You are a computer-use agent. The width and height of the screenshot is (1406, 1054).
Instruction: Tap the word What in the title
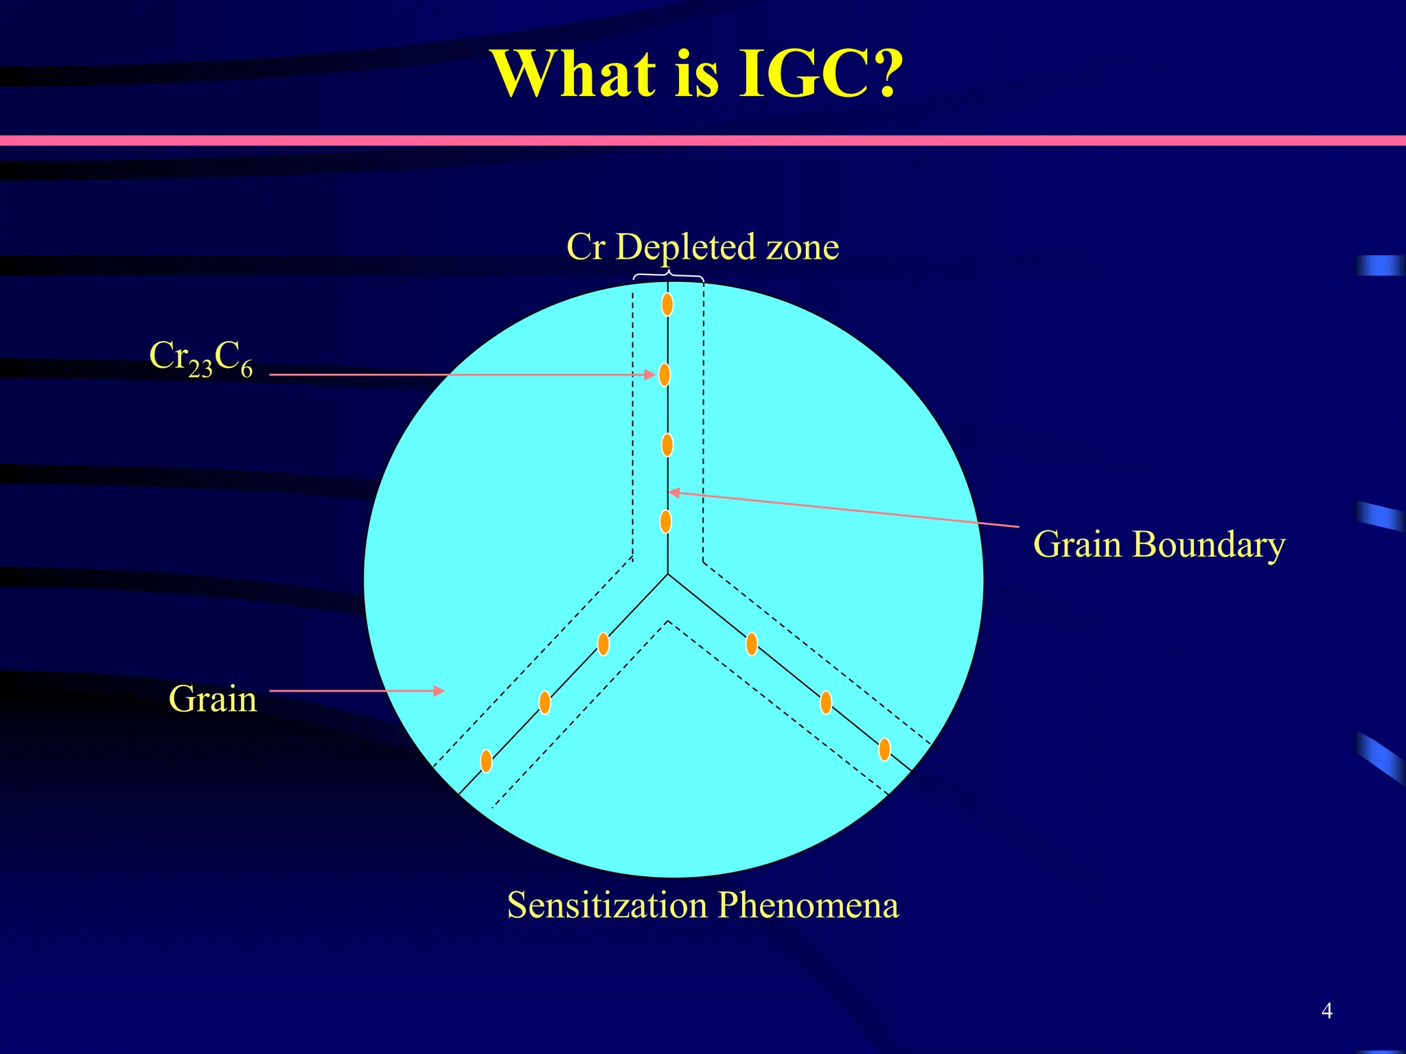pos(574,74)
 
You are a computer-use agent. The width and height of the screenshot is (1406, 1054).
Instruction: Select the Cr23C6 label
pos(200,359)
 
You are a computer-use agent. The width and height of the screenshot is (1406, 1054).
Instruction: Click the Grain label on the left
pos(213,699)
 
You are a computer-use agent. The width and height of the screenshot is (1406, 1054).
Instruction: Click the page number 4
pos(1326,1010)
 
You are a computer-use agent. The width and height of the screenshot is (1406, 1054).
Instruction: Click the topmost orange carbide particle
pos(667,304)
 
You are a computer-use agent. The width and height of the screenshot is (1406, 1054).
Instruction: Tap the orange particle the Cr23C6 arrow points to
pos(665,375)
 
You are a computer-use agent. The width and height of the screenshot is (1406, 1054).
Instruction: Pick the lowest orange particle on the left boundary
pos(486,761)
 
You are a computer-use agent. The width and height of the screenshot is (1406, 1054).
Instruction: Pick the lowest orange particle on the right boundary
pos(884,749)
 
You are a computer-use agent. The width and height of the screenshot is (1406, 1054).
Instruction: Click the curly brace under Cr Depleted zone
pos(668,277)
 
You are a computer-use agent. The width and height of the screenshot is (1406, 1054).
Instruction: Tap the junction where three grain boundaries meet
pos(668,574)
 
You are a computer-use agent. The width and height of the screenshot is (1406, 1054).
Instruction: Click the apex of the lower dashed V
pos(668,621)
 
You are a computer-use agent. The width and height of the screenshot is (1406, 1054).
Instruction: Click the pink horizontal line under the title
pos(703,141)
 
